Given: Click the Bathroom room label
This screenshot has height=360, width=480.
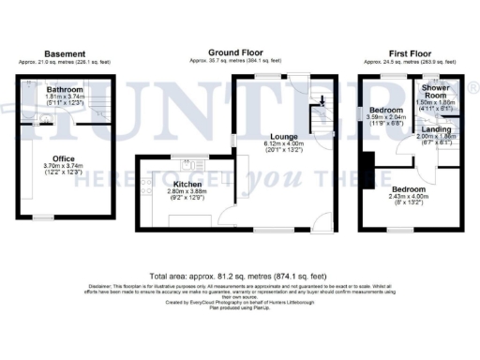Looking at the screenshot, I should point(66,88).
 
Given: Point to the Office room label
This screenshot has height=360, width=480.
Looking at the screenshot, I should point(64,158).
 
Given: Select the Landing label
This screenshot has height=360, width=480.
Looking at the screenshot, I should point(433,129).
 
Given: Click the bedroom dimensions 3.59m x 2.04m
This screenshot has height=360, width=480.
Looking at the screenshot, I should point(388,119).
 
